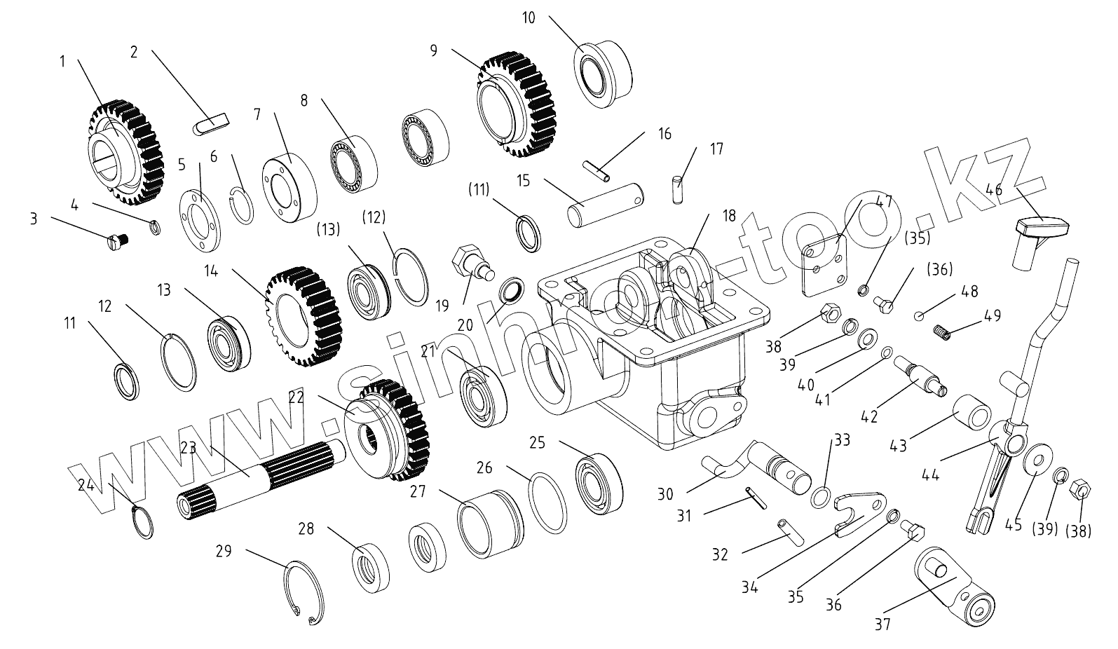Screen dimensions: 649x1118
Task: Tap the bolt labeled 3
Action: point(116,243)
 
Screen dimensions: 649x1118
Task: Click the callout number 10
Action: point(529,18)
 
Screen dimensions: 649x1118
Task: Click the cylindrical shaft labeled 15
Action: point(607,204)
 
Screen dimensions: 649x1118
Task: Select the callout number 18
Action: point(729,215)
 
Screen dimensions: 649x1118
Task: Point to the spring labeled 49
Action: point(943,331)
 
